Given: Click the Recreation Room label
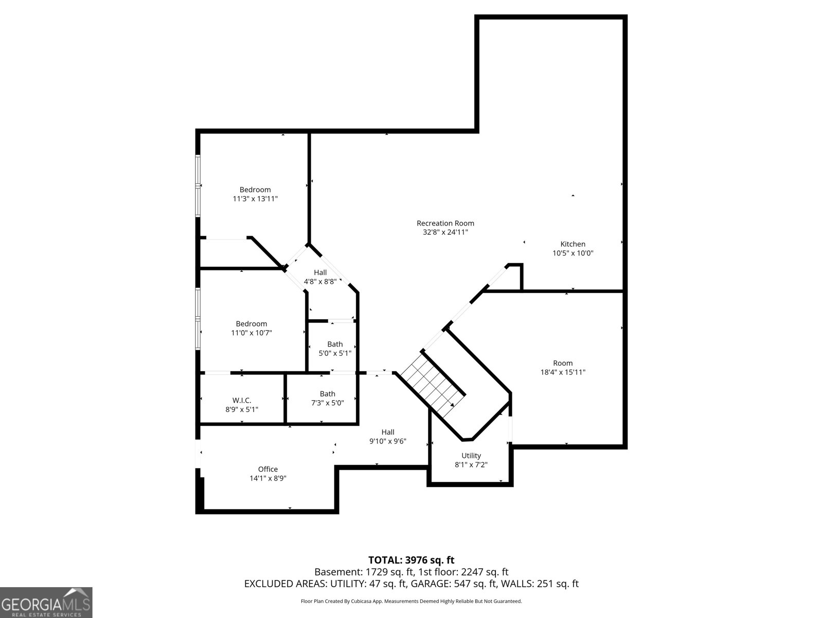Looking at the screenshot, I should point(445,223).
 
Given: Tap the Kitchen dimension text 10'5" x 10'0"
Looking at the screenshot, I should point(572,253).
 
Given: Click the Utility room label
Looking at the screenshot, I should point(471,455).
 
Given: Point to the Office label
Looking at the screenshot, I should point(267,469).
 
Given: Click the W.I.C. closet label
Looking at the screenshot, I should point(242,400).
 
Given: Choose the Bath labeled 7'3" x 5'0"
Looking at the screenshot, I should point(327,398).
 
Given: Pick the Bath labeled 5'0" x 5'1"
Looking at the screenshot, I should point(335,349).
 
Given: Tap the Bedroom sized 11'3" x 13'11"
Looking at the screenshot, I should point(255,194).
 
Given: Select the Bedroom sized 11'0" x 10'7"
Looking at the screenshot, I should point(251,328).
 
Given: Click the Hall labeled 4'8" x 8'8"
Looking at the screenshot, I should point(320,277).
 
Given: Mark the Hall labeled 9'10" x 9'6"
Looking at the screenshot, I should point(388,436).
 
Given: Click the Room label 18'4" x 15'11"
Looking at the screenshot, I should point(563,367).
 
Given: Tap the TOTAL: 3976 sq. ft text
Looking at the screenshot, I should point(411,560).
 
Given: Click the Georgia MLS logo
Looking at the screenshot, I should point(46,602).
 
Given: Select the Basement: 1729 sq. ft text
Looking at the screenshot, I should point(363,572).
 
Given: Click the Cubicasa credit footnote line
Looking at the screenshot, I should point(411,601).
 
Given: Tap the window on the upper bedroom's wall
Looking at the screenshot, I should point(198,184).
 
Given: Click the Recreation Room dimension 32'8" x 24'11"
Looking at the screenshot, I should point(445,232).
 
